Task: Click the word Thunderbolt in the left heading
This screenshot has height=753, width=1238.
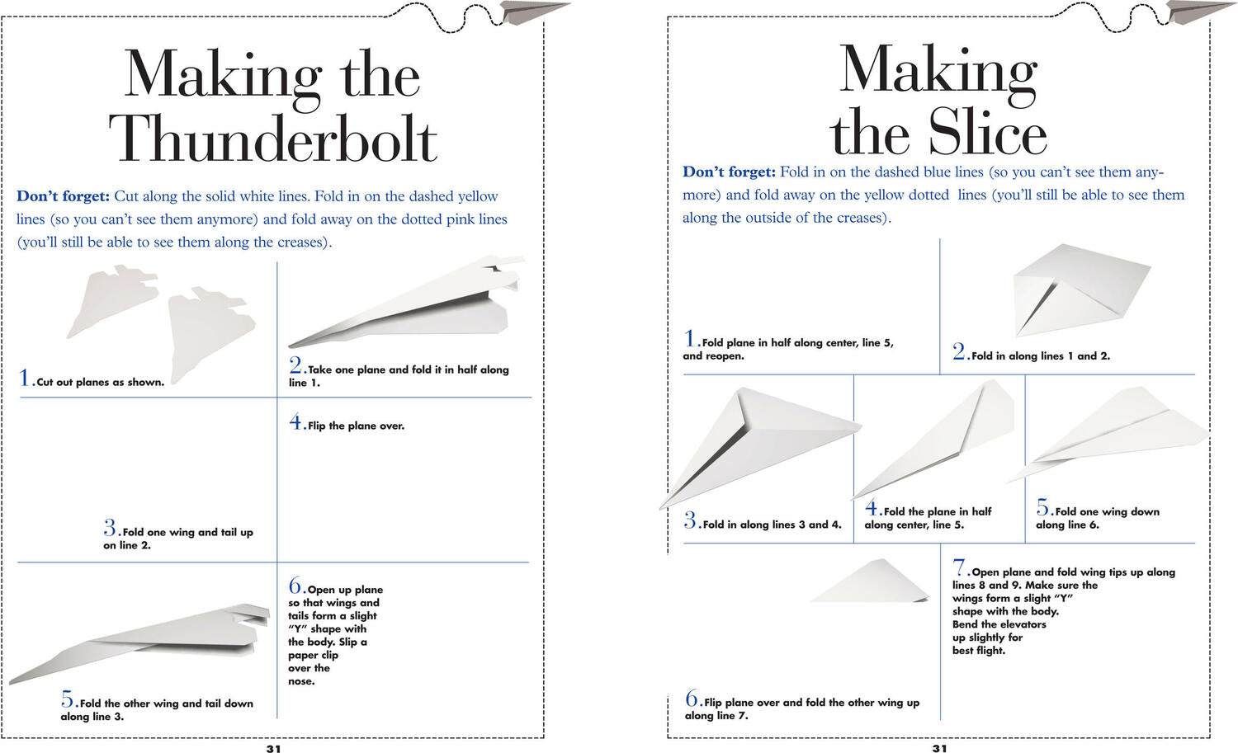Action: (x=273, y=138)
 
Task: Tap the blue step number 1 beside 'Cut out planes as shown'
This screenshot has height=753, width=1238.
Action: (x=24, y=378)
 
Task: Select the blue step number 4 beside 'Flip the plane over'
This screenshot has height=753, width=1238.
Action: (x=295, y=421)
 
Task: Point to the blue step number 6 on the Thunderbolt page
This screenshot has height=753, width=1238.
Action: (x=295, y=586)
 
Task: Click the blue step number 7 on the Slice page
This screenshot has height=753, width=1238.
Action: (x=959, y=567)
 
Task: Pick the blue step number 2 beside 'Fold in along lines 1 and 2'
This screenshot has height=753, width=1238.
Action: (x=958, y=351)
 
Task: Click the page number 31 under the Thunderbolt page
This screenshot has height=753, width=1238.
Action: (x=273, y=749)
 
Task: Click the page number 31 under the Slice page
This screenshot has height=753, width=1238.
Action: (x=939, y=749)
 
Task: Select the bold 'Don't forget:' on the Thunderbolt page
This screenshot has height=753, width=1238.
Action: (x=63, y=196)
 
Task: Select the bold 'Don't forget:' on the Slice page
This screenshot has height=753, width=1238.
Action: (x=729, y=172)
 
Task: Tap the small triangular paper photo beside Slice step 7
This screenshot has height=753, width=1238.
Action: (x=872, y=581)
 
